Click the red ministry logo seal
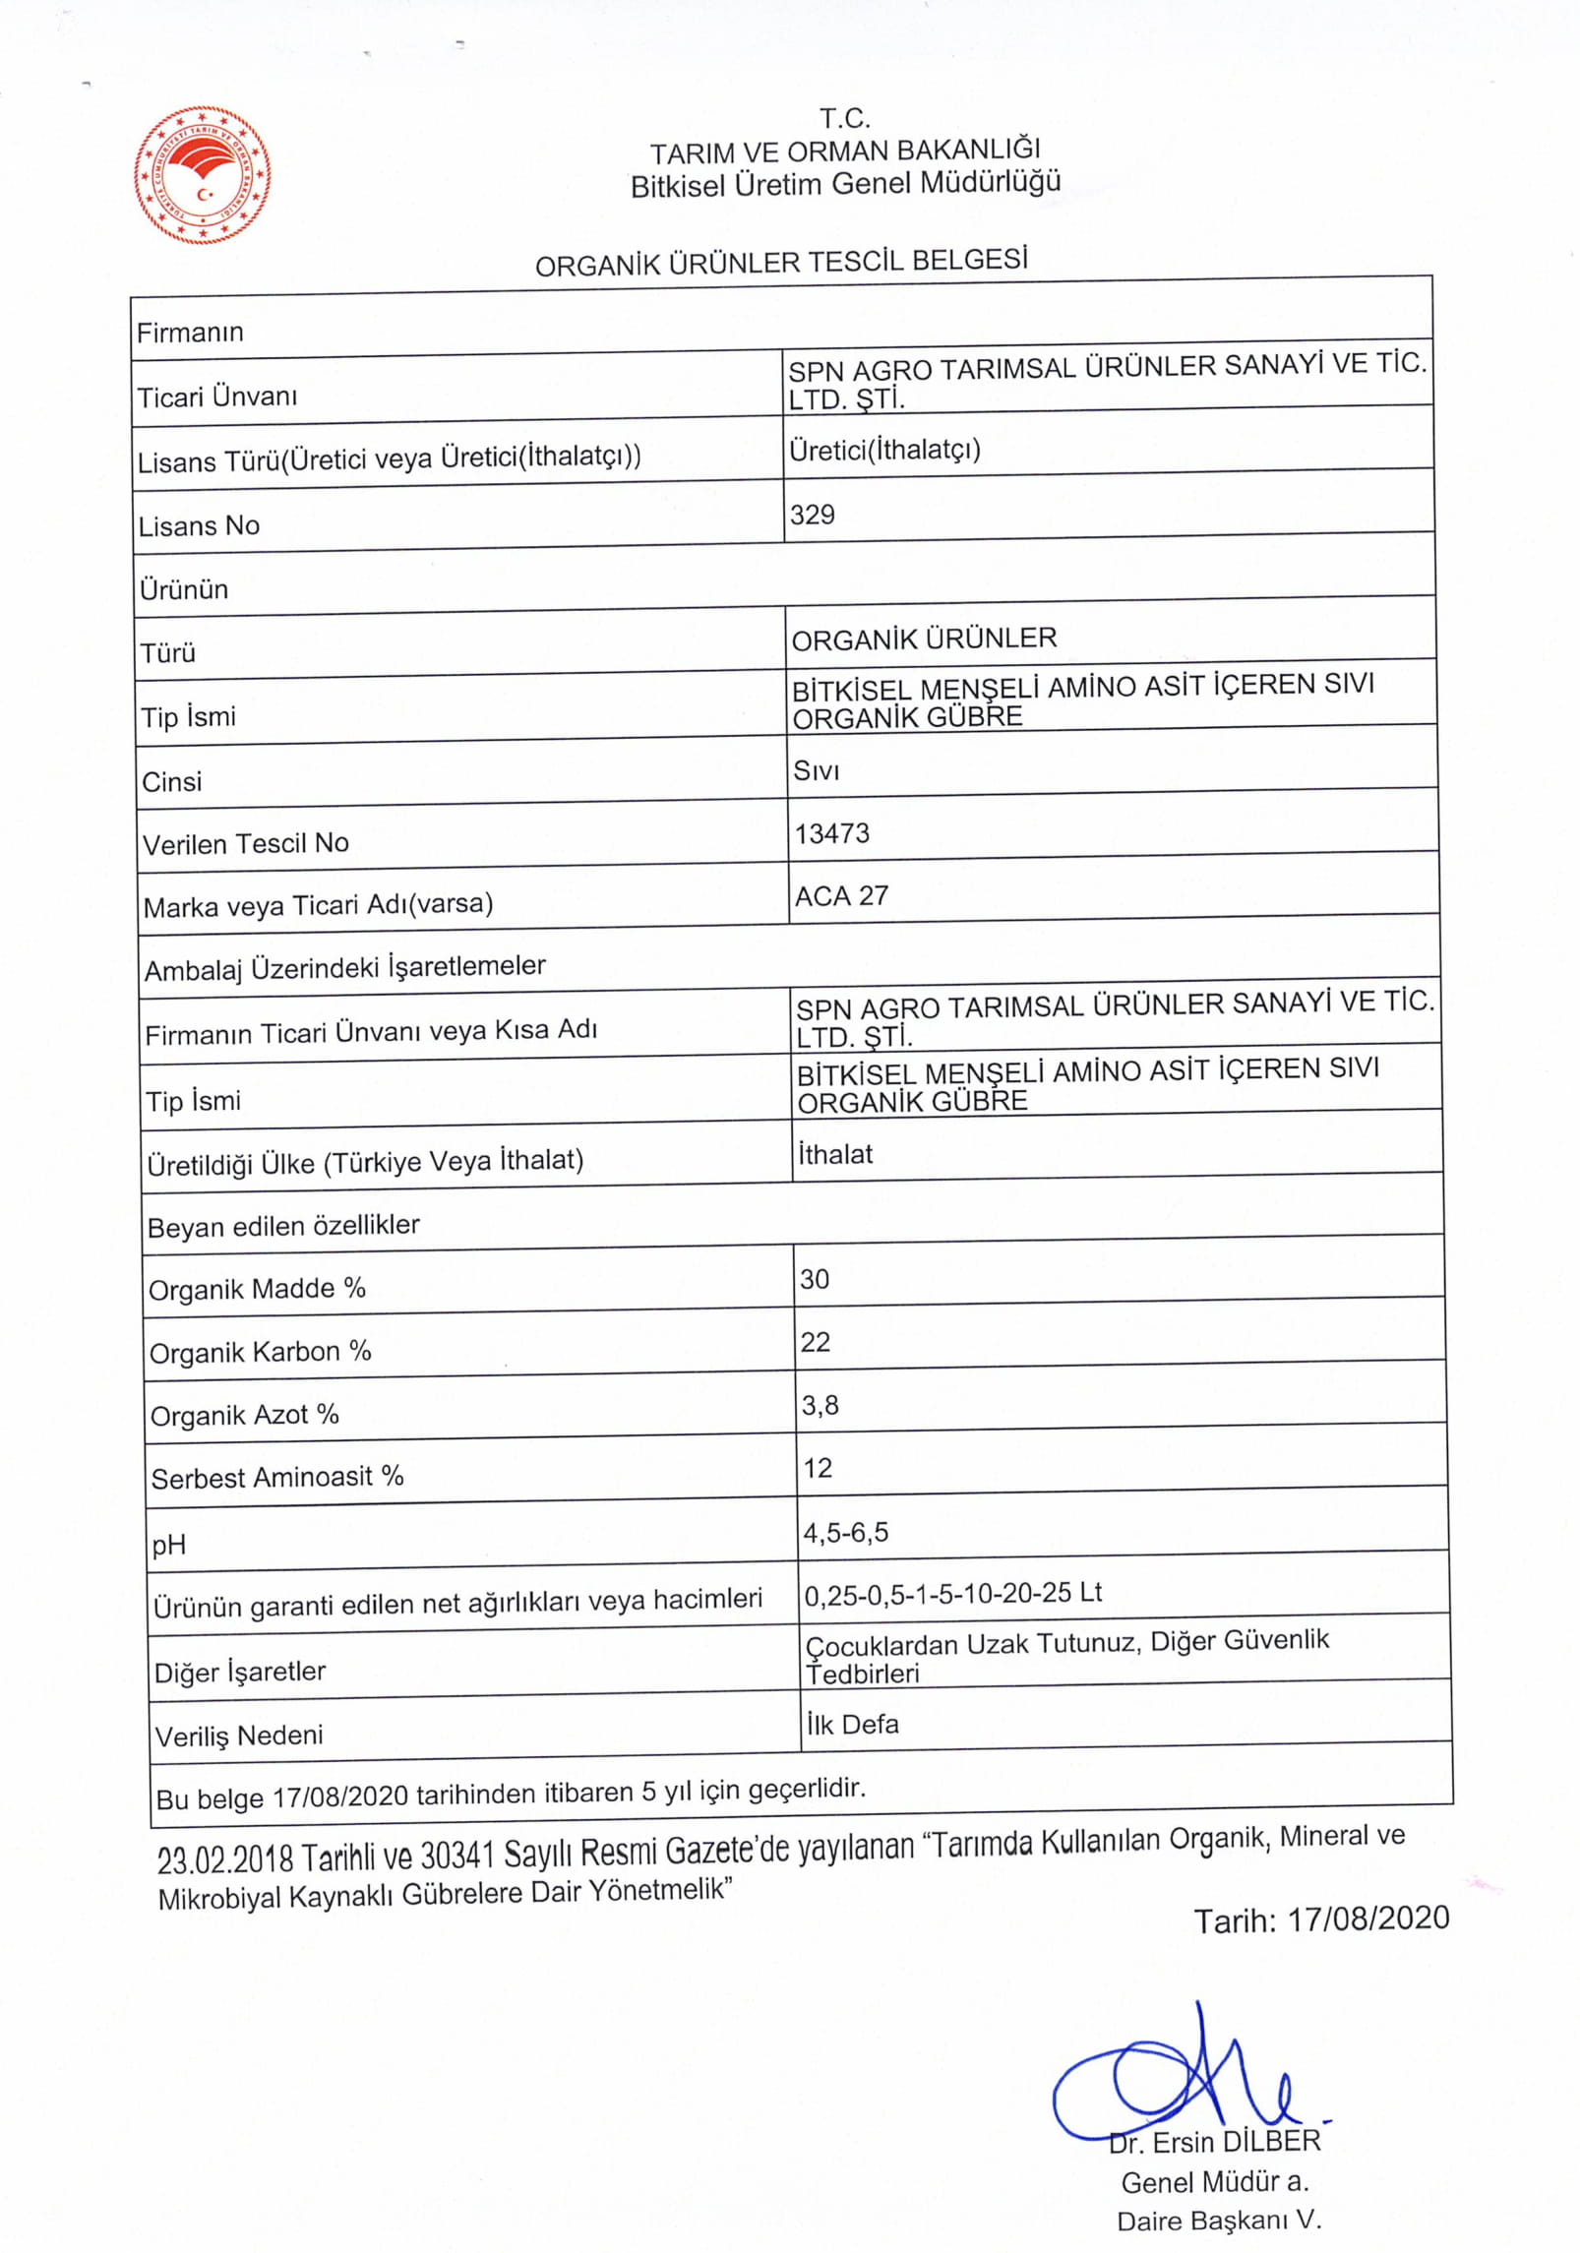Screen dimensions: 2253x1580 [x=203, y=176]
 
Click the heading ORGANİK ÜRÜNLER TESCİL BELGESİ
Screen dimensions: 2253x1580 [x=781, y=262]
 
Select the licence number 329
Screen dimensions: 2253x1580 [x=812, y=515]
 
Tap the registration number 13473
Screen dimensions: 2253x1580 [x=832, y=834]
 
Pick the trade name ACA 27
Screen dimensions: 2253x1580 [x=841, y=896]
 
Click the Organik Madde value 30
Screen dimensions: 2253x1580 [x=815, y=1279]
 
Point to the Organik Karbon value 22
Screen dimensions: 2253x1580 [x=816, y=1342]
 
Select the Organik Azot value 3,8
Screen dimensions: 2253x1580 [x=820, y=1405]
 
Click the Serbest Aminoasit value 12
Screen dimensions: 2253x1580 [x=818, y=1468]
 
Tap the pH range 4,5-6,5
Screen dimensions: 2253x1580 [x=846, y=1532]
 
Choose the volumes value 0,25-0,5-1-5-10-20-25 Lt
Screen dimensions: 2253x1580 [x=952, y=1593]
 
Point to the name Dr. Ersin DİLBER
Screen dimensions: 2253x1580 [x=1215, y=2142]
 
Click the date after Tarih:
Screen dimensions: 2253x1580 [x=1368, y=1918]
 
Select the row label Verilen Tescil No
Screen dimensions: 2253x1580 [x=246, y=843]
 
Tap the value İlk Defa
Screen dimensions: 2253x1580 [x=852, y=1725]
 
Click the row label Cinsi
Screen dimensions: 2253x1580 [x=172, y=781]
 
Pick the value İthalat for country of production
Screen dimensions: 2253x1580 [x=835, y=1154]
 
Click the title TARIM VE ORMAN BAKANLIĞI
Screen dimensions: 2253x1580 [x=844, y=151]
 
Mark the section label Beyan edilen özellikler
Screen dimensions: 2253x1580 [x=283, y=1226]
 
